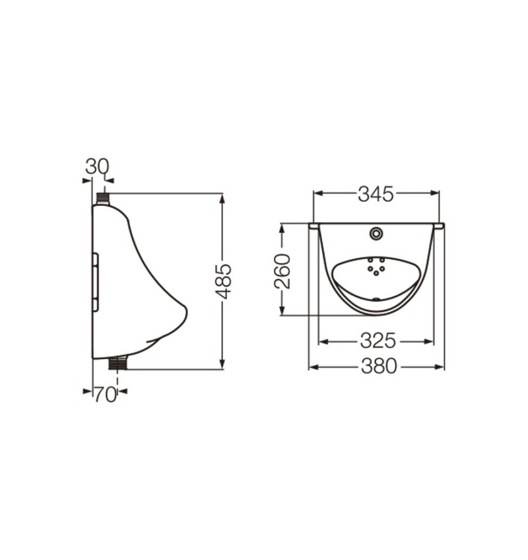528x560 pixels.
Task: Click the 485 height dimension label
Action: [x=224, y=281]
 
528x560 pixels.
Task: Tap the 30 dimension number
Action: [x=97, y=166]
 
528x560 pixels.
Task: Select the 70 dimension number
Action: [x=106, y=395]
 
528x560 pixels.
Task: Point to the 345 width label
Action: [x=376, y=194]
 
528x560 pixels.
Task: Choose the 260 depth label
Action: [x=282, y=271]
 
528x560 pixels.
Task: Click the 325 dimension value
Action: [x=378, y=341]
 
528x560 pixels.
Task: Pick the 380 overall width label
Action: [x=379, y=366]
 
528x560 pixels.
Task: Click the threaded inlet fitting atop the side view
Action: [x=103, y=199]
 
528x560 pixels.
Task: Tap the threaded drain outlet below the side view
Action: [x=118, y=362]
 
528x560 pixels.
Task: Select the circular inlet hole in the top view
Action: [x=376, y=233]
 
